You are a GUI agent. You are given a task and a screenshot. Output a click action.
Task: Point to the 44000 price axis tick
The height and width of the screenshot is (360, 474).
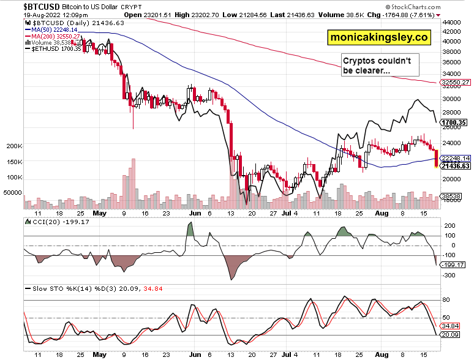[x=453, y=22]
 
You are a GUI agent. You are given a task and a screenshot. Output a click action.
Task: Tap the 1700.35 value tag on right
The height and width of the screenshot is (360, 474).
[x=454, y=122]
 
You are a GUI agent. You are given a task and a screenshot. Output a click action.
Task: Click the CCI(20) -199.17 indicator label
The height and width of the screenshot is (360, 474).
[x=53, y=222]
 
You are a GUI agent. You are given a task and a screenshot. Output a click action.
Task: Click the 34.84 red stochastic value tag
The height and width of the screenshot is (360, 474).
[x=453, y=326]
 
